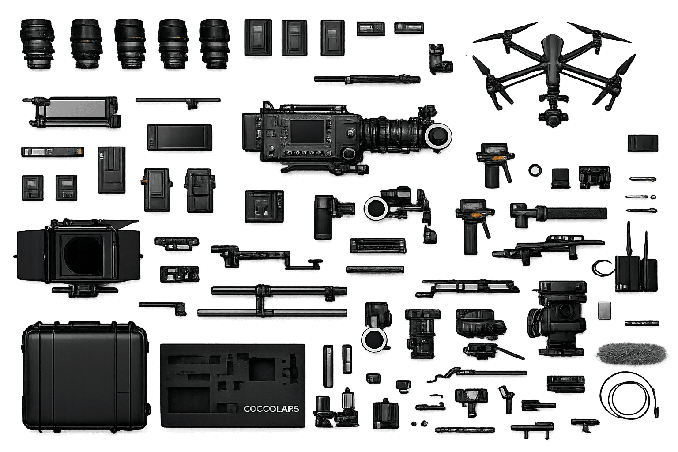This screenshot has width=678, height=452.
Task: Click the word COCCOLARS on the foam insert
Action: tap(271, 409)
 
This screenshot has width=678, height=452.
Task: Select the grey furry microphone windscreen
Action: tap(632, 354)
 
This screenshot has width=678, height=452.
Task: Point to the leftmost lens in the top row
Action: tap(37, 44)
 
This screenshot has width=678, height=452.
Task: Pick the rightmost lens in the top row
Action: tap(214, 44)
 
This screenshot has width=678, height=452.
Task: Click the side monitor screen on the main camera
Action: tap(308, 132)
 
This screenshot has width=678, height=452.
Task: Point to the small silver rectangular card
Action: tap(604, 310)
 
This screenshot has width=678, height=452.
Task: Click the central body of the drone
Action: tap(552, 60)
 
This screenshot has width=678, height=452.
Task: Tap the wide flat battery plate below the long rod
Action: tap(180, 137)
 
